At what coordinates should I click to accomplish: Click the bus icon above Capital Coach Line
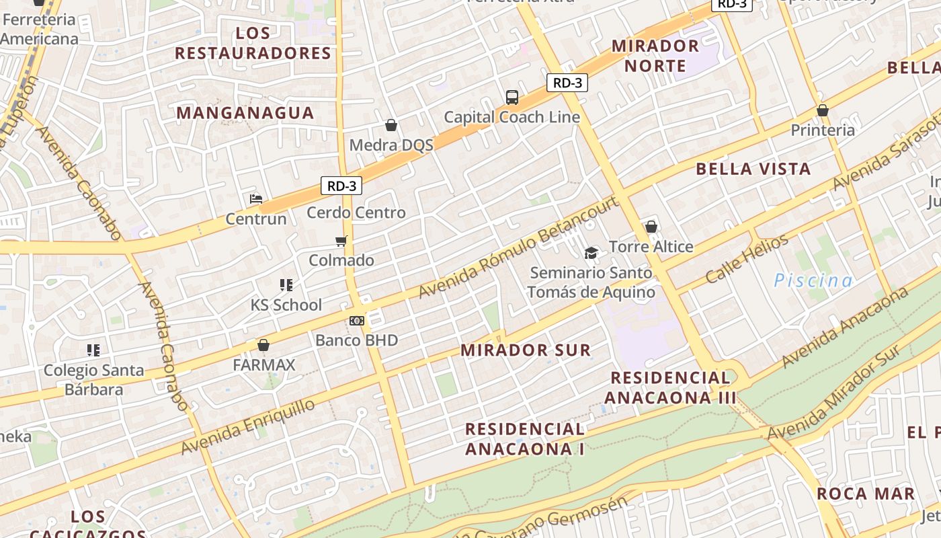tap(512, 98)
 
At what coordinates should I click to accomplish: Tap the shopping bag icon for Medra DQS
tap(391, 125)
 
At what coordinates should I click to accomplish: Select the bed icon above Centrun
tap(256, 199)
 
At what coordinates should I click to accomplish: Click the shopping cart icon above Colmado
tap(341, 241)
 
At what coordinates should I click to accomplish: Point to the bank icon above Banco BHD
tap(357, 321)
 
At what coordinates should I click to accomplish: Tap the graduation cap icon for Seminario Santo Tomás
tap(591, 253)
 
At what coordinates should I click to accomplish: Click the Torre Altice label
tap(651, 247)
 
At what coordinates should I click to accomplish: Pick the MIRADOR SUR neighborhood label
tap(526, 350)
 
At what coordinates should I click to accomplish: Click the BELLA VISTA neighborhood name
tap(753, 169)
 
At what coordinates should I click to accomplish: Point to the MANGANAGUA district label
tap(245, 113)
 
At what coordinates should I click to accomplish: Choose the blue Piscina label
tap(813, 280)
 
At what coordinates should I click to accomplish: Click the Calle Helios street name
tap(746, 259)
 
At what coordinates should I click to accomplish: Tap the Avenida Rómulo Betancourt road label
tap(518, 247)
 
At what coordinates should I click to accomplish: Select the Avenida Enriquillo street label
tap(248, 426)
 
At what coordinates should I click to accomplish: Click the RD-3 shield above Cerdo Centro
tap(341, 186)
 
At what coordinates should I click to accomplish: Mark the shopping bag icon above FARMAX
tap(263, 345)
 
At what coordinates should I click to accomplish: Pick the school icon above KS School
tap(286, 285)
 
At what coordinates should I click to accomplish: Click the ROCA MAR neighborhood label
tap(866, 494)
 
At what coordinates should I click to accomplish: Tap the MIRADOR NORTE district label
tap(655, 56)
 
